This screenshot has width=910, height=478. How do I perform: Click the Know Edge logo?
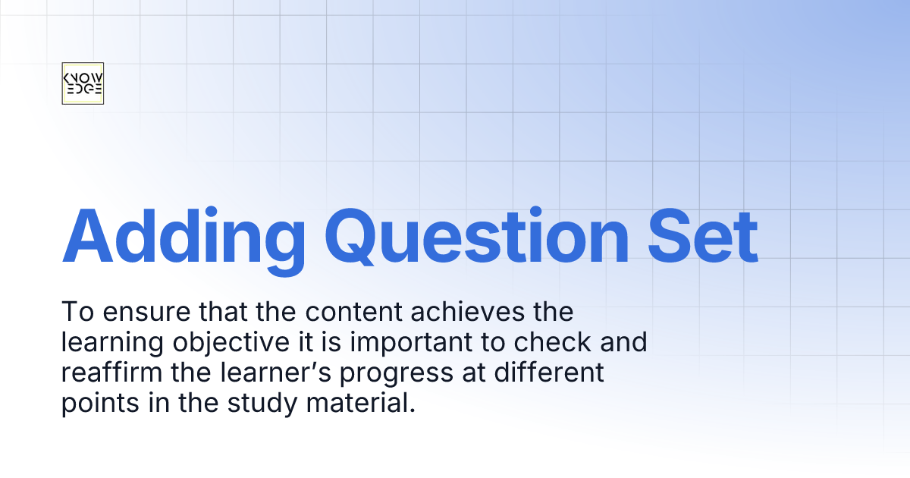[82, 83]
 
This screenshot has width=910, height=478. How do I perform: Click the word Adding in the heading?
[184, 232]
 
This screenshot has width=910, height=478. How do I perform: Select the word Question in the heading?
[485, 232]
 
